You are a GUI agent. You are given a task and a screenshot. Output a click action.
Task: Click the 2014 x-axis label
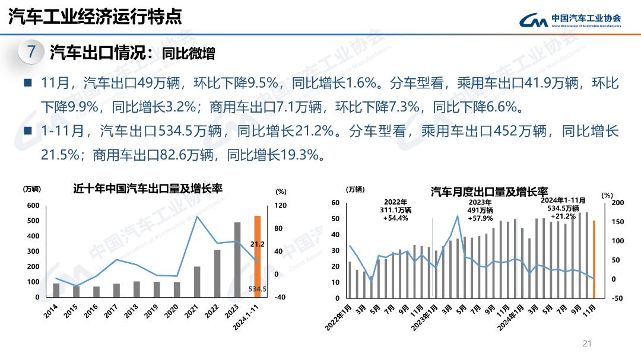[x=52, y=311]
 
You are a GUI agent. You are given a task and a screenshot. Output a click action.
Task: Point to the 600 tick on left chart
[x=33, y=206]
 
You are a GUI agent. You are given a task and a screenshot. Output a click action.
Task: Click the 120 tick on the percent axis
[x=281, y=206]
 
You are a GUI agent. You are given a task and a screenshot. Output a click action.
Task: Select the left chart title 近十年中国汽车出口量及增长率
[x=148, y=189]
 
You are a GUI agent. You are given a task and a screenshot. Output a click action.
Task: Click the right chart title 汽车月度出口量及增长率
[x=489, y=192]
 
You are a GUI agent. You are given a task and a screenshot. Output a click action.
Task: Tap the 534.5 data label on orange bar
[x=258, y=289]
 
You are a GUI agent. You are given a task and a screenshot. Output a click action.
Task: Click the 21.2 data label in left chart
[x=257, y=244]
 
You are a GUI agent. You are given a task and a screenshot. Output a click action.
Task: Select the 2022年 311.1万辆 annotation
[x=395, y=210]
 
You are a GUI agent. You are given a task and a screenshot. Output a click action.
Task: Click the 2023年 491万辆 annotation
[x=481, y=210]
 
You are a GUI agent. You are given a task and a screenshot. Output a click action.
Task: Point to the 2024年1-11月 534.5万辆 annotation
[x=563, y=208]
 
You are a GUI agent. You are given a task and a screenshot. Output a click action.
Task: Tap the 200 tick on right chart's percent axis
[x=618, y=203]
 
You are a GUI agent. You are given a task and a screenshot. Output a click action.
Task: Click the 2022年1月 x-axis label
[x=338, y=317]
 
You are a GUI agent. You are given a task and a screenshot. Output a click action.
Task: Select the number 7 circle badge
[x=31, y=52]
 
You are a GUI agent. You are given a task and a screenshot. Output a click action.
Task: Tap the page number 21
[x=588, y=343]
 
